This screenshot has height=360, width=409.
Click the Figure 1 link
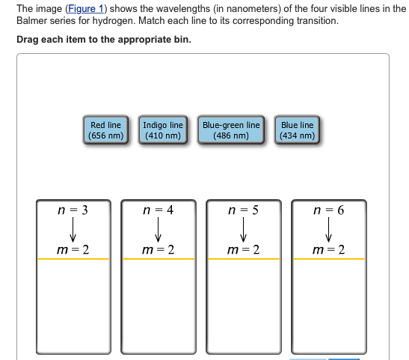click(x=86, y=9)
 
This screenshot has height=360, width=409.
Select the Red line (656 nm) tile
click(x=105, y=129)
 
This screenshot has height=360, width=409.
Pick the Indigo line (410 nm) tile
click(x=163, y=129)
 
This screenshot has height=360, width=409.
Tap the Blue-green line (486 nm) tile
click(x=231, y=129)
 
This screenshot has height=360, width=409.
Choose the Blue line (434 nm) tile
click(x=297, y=129)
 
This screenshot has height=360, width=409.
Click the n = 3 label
click(x=73, y=210)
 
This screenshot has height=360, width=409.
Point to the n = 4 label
click(x=159, y=210)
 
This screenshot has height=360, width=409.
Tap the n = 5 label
click(x=243, y=210)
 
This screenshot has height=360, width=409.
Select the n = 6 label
click(x=329, y=210)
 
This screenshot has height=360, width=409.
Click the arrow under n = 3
click(x=73, y=230)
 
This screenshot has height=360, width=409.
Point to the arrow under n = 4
click(x=158, y=230)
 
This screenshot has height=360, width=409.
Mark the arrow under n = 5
click(x=243, y=230)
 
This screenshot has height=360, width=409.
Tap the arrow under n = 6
click(x=329, y=230)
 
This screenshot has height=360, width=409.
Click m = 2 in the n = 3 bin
click(x=73, y=250)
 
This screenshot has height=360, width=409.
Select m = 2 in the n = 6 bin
click(x=329, y=250)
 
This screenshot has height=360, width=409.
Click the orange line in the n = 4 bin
click(x=159, y=259)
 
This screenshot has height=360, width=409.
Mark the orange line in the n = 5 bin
click(x=244, y=259)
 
